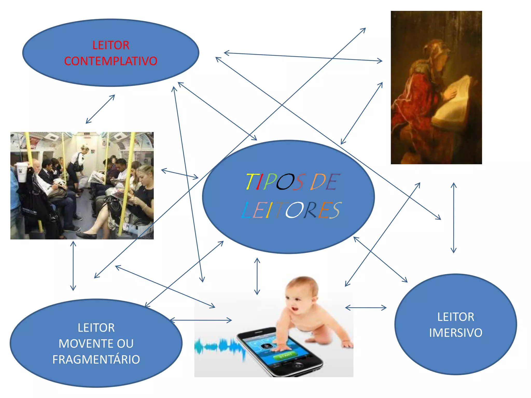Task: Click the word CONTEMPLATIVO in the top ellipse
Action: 111,61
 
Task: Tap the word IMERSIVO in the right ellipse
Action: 456,333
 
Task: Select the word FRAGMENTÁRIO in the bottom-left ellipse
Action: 96,360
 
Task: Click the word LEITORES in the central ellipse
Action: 291,210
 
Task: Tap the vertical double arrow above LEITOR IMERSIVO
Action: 453,218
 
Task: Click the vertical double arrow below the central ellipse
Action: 257,276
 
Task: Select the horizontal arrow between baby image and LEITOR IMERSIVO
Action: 366,308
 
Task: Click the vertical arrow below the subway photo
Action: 73,266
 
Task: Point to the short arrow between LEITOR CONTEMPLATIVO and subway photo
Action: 100,109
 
